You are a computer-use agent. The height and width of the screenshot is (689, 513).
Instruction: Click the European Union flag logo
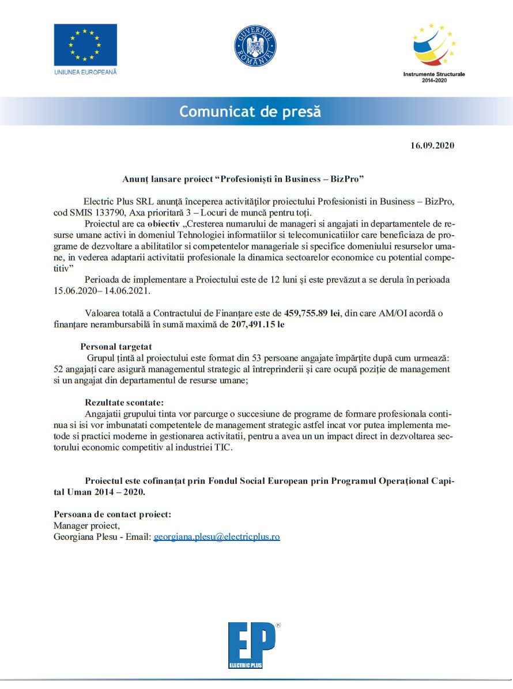[85, 44]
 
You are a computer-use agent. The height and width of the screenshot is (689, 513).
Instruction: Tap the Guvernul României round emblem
[255, 46]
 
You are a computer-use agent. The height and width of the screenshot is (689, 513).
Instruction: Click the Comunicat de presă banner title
[250, 111]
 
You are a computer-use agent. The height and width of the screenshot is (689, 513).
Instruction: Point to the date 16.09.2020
[432, 145]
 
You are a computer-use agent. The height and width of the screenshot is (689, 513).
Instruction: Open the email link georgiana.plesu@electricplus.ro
[217, 536]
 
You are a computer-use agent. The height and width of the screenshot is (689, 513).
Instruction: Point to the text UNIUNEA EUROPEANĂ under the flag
[85, 72]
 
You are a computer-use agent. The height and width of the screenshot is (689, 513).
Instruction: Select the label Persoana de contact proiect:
[112, 514]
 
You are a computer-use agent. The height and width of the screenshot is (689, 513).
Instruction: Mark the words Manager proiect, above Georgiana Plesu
[86, 525]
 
